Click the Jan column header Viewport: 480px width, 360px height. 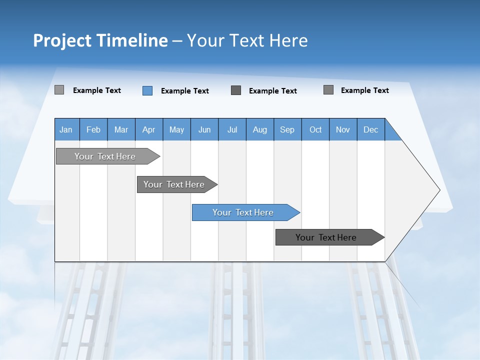[66, 129]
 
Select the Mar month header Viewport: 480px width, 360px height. [121, 129]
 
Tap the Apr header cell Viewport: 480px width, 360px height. [149, 129]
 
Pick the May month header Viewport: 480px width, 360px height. [176, 129]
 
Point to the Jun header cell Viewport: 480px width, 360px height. [204, 129]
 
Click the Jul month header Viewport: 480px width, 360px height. [232, 129]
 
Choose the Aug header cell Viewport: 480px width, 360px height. [260, 129]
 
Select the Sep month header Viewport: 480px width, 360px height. [287, 129]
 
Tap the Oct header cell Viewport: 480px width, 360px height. [315, 129]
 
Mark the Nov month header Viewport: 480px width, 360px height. [343, 129]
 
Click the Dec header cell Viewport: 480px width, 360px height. [371, 129]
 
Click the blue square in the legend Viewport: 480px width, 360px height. [147, 90]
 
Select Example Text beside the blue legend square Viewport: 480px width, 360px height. [185, 91]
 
